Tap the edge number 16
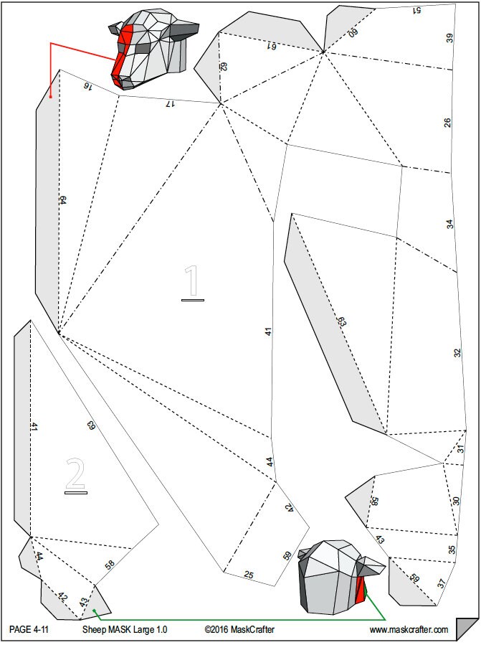click(87, 85)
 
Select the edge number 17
click(170, 104)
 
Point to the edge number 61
click(272, 46)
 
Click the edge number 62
click(224, 67)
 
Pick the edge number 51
click(416, 10)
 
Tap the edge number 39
click(449, 38)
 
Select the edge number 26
click(447, 123)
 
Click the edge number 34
click(449, 224)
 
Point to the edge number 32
click(457, 353)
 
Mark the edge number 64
click(62, 200)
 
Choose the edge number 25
click(248, 575)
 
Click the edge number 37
click(441, 583)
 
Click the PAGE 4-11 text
click(29, 629)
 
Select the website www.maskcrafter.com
click(409, 630)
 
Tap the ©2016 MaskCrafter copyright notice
click(239, 629)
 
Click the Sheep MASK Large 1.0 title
click(125, 629)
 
